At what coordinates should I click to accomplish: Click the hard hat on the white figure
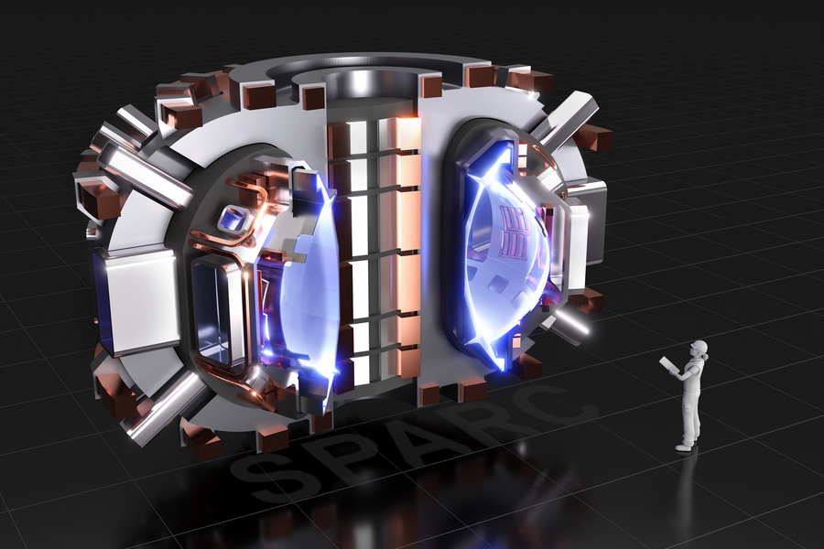click(699, 347)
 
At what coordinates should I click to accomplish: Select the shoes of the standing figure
click(685, 447)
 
